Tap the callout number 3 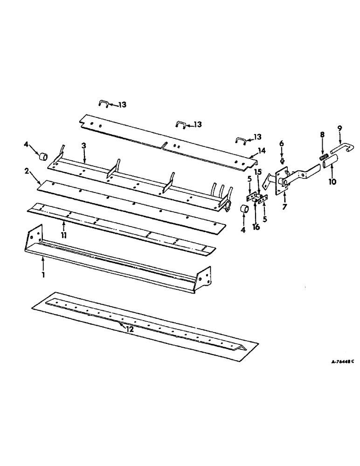point(83,146)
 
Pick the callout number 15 point(258,172)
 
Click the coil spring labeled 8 point(321,159)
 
